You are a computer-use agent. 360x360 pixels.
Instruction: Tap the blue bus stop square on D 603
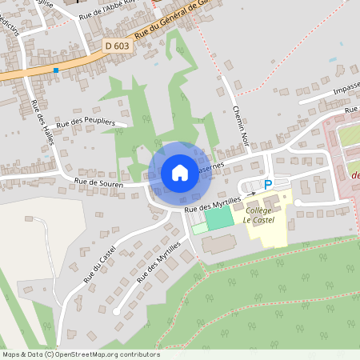[x=56, y=70]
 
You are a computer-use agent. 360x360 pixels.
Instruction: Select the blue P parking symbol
[x=268, y=184]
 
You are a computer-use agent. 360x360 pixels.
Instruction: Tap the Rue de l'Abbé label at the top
[x=109, y=10]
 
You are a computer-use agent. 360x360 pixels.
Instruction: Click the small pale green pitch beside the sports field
[x=199, y=229]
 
